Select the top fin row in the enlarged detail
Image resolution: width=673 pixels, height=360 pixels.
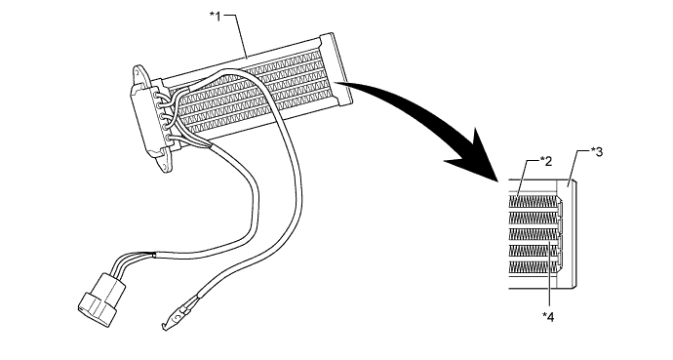click(534, 202)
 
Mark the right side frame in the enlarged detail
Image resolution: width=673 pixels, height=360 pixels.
click(576, 234)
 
